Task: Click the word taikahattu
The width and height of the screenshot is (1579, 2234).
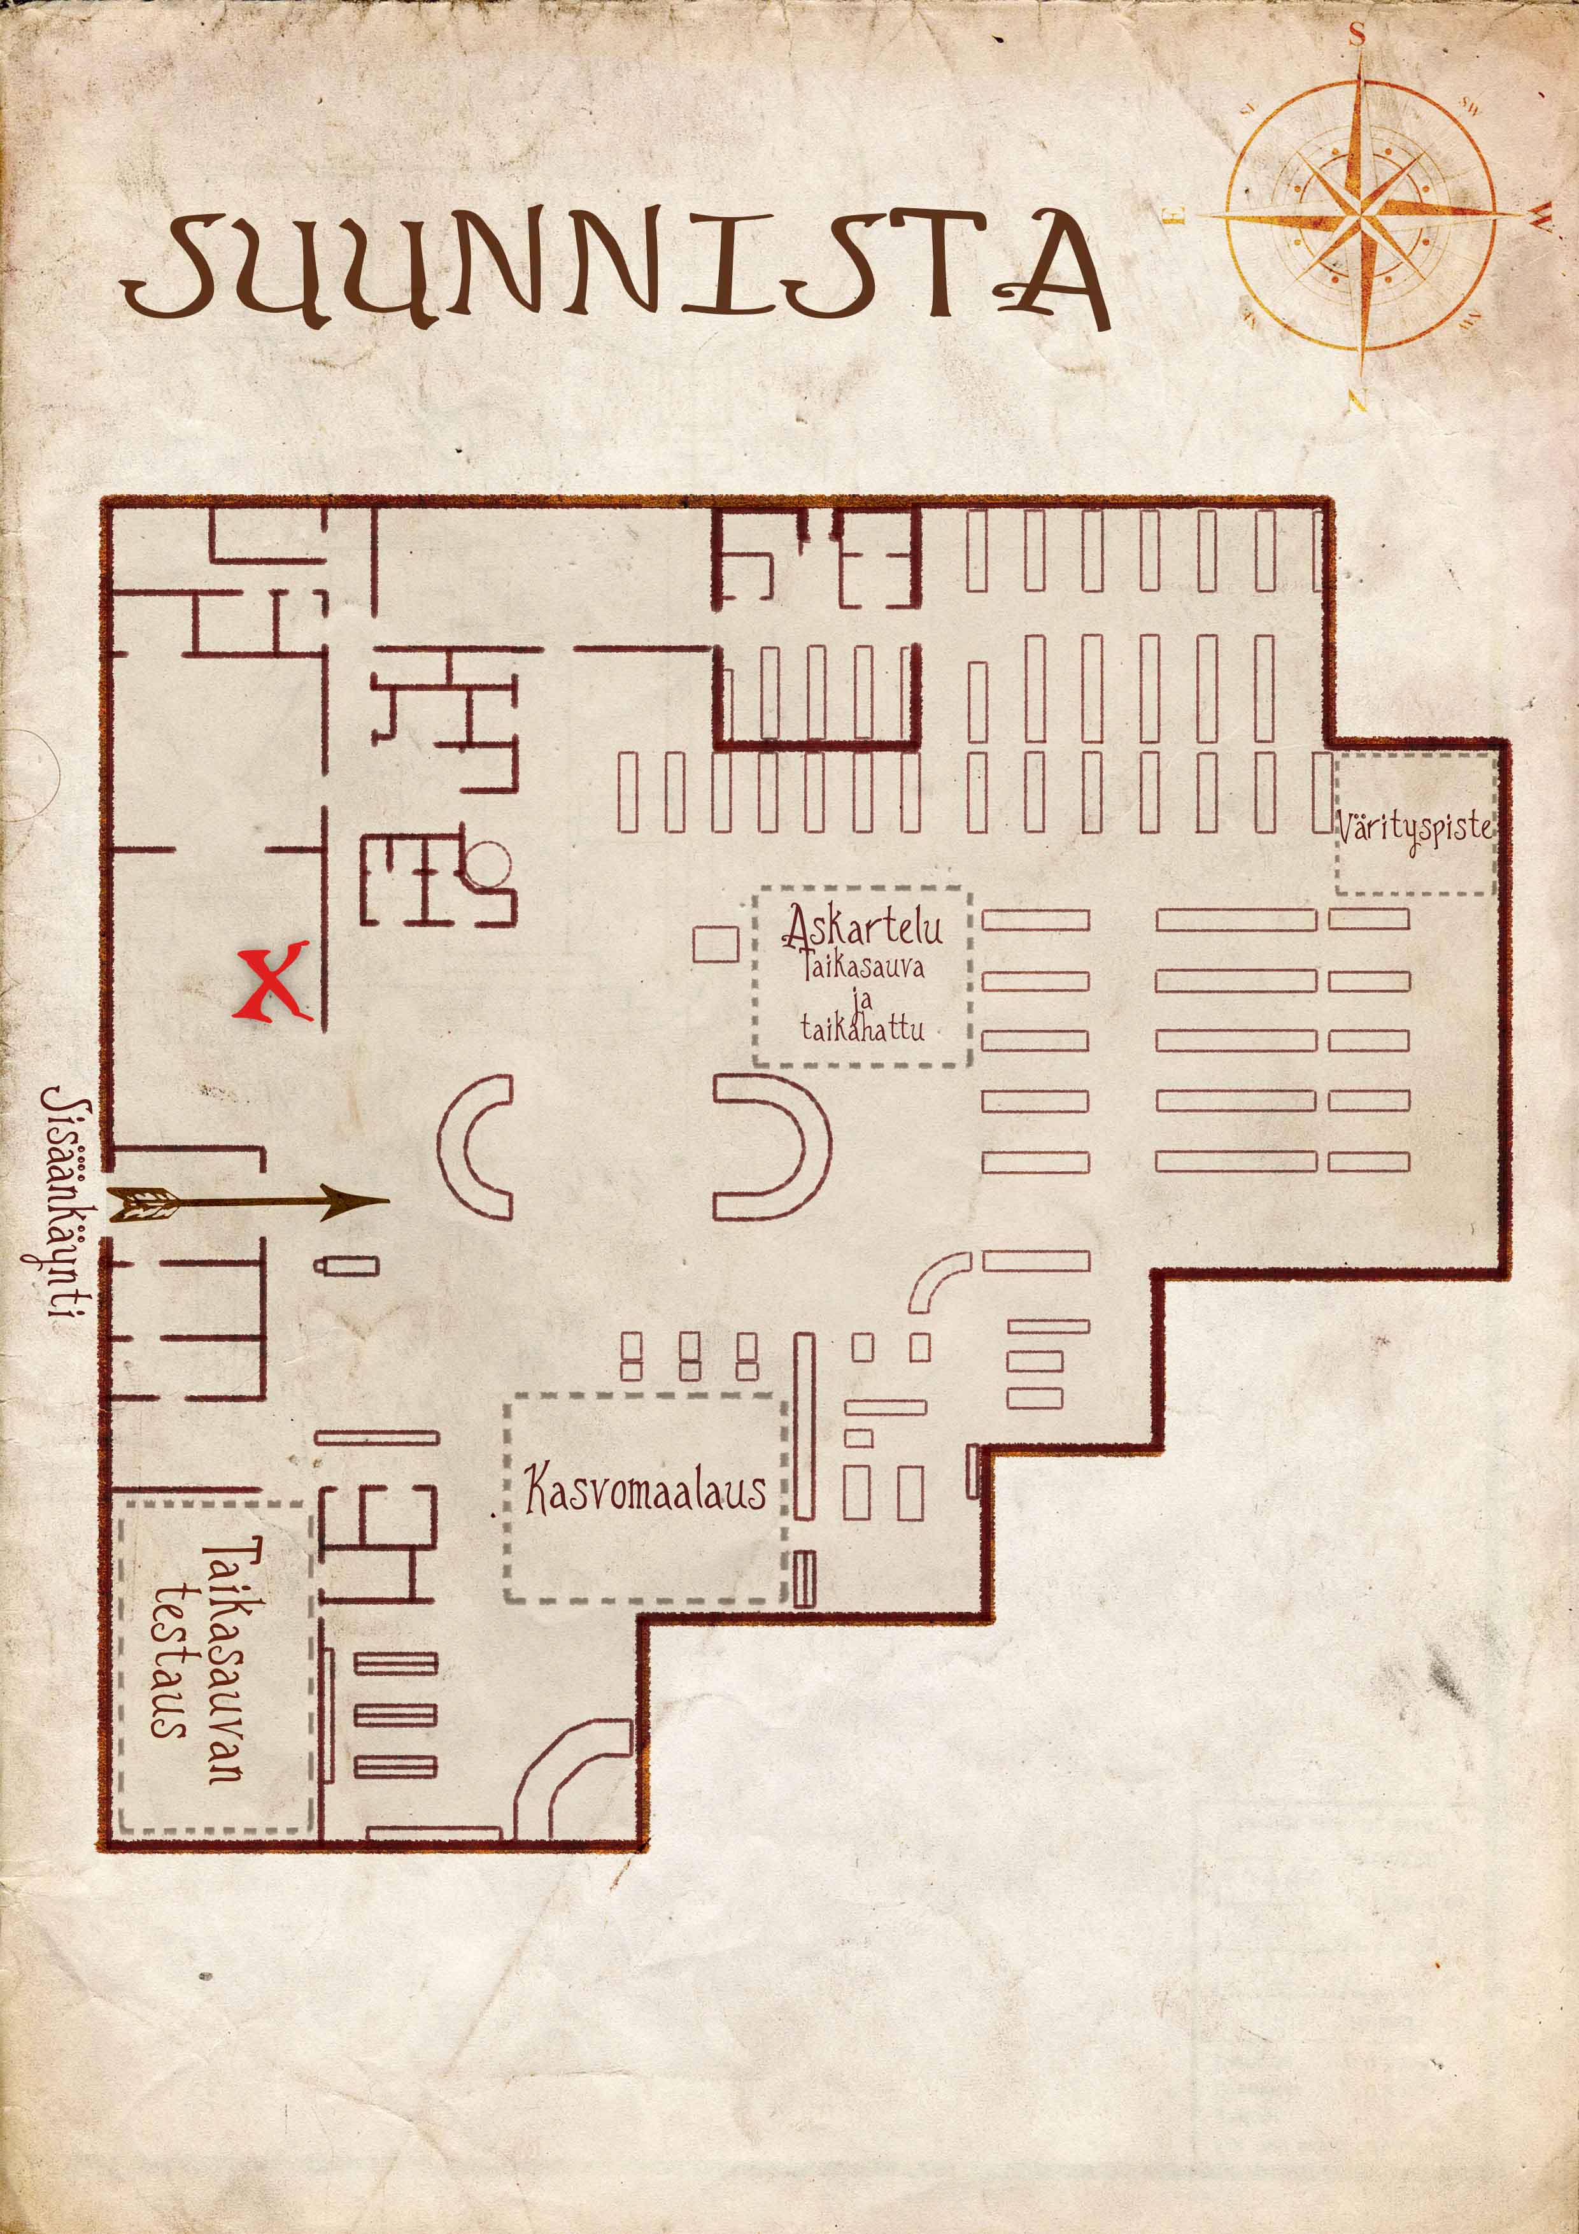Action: (862, 1027)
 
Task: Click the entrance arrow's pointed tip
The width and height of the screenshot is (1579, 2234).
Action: (389, 1200)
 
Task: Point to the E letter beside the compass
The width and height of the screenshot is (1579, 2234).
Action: (1175, 216)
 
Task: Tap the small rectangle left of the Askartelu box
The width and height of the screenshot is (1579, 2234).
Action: (715, 945)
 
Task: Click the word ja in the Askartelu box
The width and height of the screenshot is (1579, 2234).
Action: (864, 999)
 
